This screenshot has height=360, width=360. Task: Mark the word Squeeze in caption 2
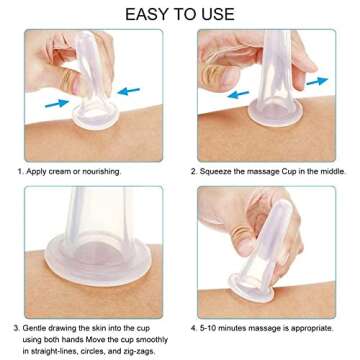229,172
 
